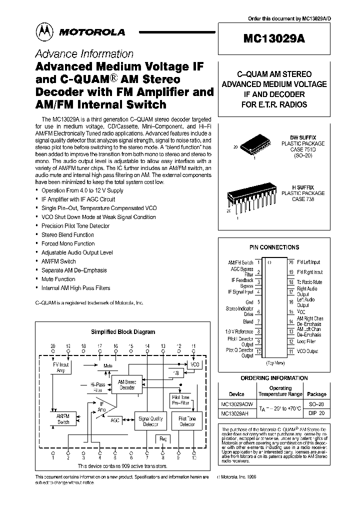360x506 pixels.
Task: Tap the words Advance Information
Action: pos(84,54)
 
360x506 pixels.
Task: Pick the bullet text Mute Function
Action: pos(58,279)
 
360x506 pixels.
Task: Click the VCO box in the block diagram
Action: pos(195,364)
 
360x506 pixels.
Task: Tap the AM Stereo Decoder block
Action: pos(126,384)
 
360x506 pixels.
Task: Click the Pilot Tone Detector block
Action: pos(187,421)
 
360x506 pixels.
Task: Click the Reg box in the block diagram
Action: pos(163,438)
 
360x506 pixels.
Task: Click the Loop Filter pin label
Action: pos(306,341)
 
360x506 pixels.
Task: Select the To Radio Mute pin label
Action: pos(309,282)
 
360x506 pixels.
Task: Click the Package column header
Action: pos(316,394)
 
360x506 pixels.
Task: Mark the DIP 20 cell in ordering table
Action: pos(316,413)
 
